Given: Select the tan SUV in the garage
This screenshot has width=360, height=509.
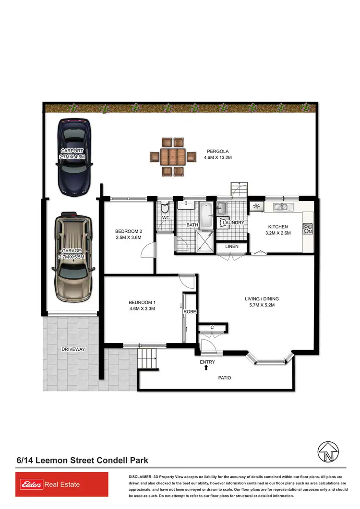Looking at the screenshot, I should tap(72, 257).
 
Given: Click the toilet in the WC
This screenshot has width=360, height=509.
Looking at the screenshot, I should tap(165, 208).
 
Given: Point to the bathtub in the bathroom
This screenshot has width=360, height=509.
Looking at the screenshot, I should tap(206, 216).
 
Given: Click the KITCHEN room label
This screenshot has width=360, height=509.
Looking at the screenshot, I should tap(278, 227).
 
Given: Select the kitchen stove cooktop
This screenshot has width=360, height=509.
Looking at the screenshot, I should tap(308, 229).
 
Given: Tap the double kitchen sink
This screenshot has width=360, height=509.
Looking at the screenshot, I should tap(281, 207).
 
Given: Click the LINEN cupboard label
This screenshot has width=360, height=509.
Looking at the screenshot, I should tap(232, 247).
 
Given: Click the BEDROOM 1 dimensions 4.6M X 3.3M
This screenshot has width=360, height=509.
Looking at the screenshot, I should tap(142, 308).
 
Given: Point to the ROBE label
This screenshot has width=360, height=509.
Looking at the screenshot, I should tap(190, 312).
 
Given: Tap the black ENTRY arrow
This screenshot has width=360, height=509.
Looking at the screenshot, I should tap(206, 367).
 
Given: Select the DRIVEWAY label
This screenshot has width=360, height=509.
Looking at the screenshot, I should tap(73, 349).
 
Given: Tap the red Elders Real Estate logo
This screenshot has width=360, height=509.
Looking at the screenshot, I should tap(62, 485).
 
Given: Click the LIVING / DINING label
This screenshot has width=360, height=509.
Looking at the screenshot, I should tap(262, 299).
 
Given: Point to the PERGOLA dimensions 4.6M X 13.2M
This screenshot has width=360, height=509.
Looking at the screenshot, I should tap(218, 157).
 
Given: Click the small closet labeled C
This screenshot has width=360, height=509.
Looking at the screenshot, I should tap(212, 328).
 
